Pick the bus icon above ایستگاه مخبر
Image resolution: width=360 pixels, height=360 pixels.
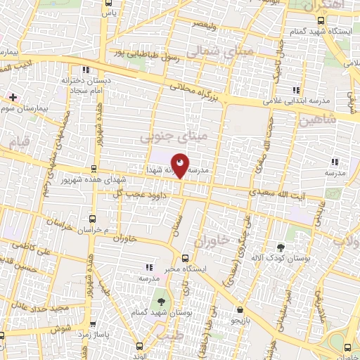185,258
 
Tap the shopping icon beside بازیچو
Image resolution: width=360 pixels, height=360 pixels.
241,309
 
